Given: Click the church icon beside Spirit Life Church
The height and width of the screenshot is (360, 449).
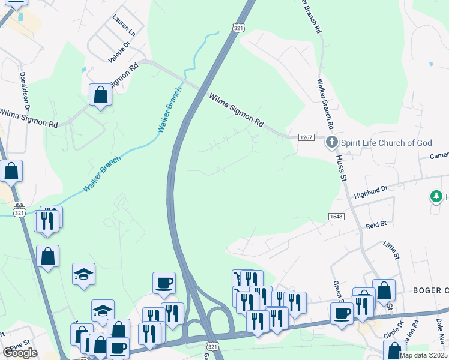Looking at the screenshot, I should [331, 143].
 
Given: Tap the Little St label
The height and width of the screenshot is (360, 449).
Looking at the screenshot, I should [392, 250].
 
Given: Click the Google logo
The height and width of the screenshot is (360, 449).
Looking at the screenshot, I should [20, 353].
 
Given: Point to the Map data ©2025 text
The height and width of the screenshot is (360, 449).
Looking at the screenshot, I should [424, 355].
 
